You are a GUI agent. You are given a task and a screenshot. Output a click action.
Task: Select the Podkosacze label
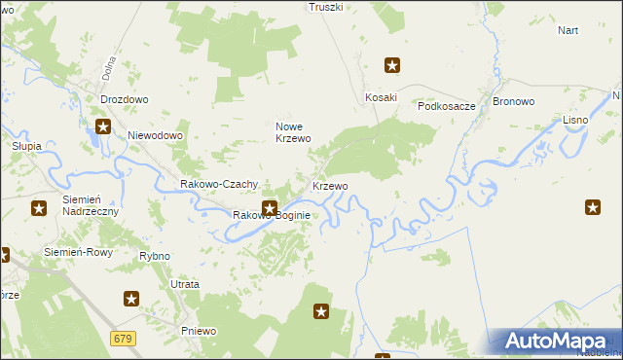446,107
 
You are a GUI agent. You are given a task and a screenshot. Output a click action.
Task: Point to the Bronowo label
515,101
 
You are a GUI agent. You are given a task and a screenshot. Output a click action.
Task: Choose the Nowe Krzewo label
293,132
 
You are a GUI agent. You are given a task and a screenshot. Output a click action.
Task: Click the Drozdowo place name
124,99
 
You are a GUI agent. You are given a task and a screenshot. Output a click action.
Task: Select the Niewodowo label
155,135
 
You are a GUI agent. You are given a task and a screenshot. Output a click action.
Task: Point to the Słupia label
26,146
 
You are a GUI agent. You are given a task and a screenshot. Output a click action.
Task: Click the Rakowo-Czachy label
219,184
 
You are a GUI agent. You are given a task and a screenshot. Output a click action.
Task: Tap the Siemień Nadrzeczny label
90,205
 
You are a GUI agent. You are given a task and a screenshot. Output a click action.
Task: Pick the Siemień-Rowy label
79,251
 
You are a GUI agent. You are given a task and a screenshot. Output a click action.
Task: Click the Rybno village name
155,256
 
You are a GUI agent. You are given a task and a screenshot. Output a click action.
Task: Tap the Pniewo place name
199,331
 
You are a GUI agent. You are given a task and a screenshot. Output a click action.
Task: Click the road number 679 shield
123,338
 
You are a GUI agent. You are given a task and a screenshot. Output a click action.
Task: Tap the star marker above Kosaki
392,66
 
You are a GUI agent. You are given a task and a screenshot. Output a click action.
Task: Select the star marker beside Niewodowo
103,126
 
